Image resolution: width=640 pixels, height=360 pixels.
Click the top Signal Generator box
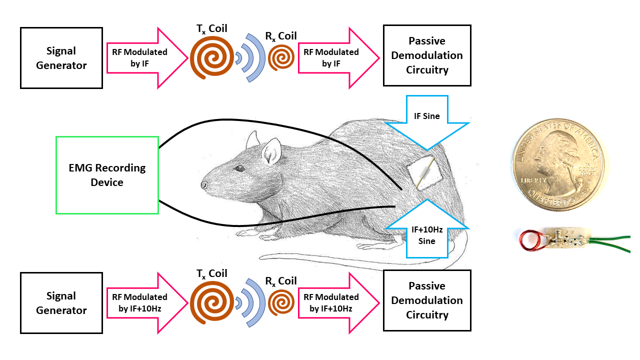[61, 58]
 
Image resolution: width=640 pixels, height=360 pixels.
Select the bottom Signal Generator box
[61, 303]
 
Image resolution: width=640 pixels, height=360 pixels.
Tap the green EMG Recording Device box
[107, 175]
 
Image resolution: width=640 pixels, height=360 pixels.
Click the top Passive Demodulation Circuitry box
[427, 55]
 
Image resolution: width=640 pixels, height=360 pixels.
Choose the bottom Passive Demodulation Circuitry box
[427, 300]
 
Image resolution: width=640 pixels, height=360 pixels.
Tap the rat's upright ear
[271, 150]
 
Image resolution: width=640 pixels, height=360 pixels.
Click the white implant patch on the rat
[424, 173]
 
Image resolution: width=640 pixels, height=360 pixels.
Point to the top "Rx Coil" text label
[280, 36]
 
